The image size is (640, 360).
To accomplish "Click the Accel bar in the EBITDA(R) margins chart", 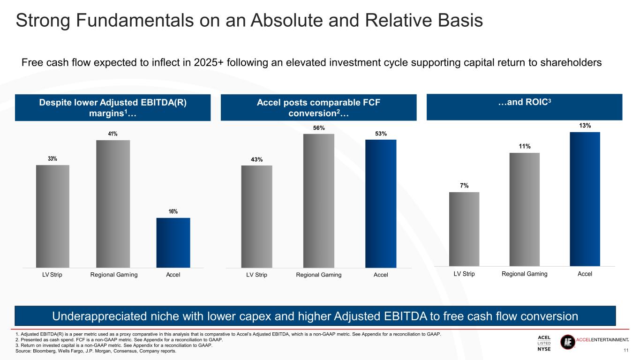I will [173, 242].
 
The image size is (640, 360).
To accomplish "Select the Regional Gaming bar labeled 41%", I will [113, 203].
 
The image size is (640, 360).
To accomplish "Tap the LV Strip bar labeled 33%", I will [53, 216].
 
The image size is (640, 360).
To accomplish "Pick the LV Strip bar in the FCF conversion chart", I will [256, 216].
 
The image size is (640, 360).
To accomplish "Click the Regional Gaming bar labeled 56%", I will [319, 201].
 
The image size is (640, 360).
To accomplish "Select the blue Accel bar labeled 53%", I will [381, 203].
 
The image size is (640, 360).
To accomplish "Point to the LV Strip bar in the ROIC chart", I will [464, 229].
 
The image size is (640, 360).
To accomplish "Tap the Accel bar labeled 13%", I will [585, 199].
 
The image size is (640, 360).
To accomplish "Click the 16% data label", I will [173, 212].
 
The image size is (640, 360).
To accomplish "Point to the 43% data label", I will [256, 160].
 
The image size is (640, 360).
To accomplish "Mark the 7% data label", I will [464, 186].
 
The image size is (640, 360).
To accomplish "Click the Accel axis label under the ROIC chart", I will [585, 274].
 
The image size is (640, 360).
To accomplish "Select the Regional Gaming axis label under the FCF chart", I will [319, 275].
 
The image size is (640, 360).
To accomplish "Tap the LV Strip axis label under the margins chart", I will [53, 275].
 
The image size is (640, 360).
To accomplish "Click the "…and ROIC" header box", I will [524, 107].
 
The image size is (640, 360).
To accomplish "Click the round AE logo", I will [567, 342].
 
